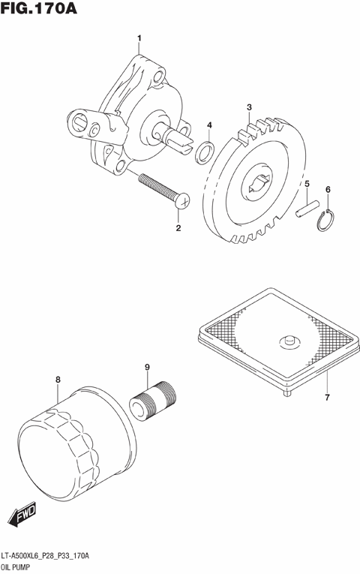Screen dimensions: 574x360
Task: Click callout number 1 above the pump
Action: pyautogui.click(x=138, y=38)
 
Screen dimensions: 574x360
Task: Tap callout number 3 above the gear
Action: pyautogui.click(x=210, y=125)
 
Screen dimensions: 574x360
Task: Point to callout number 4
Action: pyautogui.click(x=307, y=184)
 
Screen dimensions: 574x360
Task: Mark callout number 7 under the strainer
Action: pyautogui.click(x=58, y=380)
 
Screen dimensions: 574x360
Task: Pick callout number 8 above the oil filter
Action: pyautogui.click(x=147, y=367)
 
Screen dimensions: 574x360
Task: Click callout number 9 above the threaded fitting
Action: pyautogui.click(x=181, y=200)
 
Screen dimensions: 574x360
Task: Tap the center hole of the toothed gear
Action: pyautogui.click(x=307, y=207)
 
